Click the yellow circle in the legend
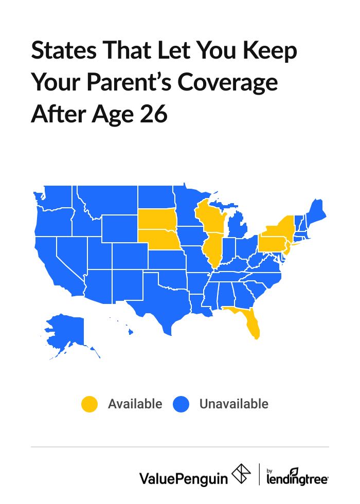pyautogui.click(x=89, y=404)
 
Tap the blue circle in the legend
pyautogui.click(x=181, y=404)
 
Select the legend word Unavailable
pyautogui.click(x=233, y=404)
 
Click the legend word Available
pyautogui.click(x=135, y=404)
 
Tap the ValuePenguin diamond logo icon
pyautogui.click(x=242, y=474)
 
